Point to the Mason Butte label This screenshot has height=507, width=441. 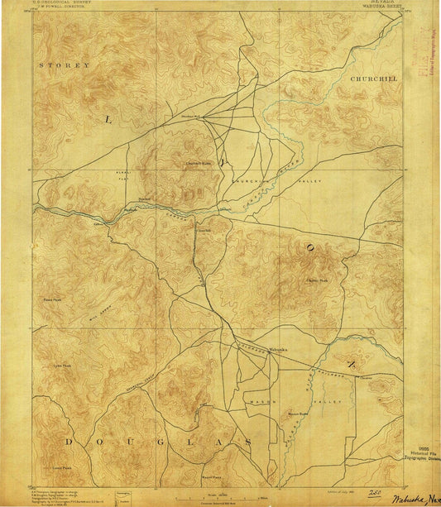[x=298, y=413]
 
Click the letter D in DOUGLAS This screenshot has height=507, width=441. [x=70, y=442]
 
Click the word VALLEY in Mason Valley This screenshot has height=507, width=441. [x=329, y=401]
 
